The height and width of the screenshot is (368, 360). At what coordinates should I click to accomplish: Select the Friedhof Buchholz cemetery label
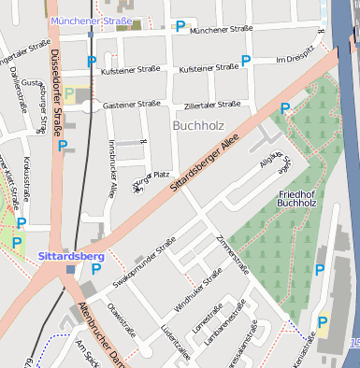[298, 197]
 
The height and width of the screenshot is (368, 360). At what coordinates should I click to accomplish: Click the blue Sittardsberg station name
[71, 255]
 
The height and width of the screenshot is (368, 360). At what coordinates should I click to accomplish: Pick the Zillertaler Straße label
[215, 106]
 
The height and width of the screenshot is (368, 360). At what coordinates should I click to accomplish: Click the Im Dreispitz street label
[295, 60]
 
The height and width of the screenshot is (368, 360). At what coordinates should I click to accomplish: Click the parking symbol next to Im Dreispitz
[247, 61]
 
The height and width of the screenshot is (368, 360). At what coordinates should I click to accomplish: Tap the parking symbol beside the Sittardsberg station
[95, 270]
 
